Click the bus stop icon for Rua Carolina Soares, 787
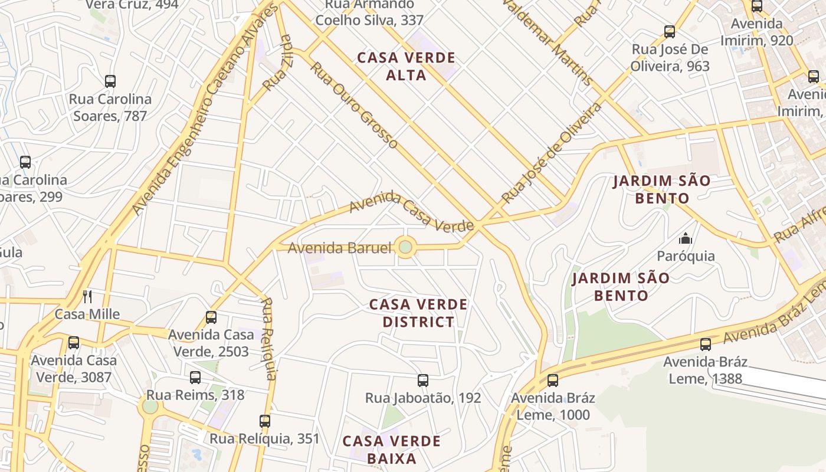(x=110, y=81)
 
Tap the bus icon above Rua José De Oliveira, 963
(x=670, y=32)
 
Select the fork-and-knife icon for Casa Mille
(x=87, y=296)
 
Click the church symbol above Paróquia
(x=686, y=238)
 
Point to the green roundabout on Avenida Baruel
(x=405, y=247)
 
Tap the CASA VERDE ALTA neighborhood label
(x=407, y=67)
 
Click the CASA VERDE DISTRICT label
(x=418, y=313)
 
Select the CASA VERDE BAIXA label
(x=392, y=450)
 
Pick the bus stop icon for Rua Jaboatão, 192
(x=423, y=381)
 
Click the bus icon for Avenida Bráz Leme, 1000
(x=553, y=381)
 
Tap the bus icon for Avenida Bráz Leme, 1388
(x=706, y=345)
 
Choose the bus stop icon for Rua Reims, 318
(x=195, y=378)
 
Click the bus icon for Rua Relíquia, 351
(x=265, y=421)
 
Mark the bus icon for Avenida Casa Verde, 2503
(x=211, y=317)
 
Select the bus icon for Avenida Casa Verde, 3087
(x=74, y=343)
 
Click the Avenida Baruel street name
(x=339, y=248)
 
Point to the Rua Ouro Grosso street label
(x=353, y=104)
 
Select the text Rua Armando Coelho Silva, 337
(x=370, y=13)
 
